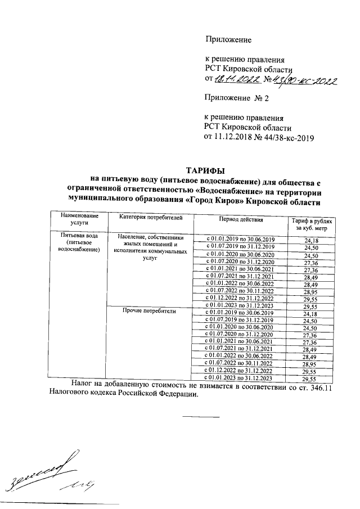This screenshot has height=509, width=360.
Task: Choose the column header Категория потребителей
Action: [144, 217]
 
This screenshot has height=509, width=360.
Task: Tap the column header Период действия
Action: [239, 218]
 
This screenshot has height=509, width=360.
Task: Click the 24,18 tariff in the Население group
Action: [310, 241]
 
